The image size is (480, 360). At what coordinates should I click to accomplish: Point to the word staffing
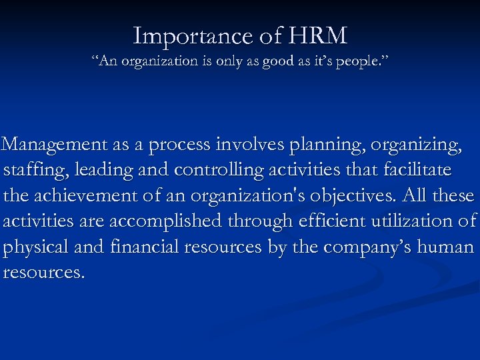pos(36,171)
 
